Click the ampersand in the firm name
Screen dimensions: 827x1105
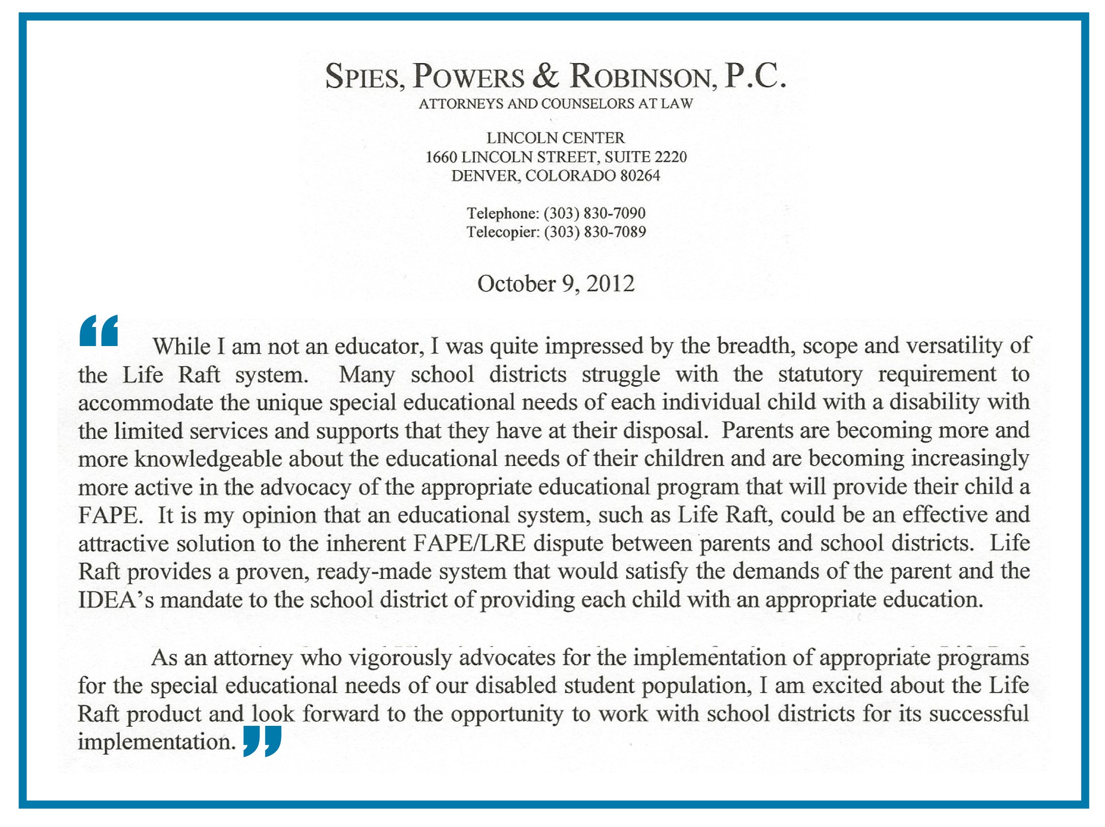pyautogui.click(x=546, y=76)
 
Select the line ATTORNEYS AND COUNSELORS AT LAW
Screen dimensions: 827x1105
pyautogui.click(x=555, y=104)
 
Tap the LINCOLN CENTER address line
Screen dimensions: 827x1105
pyautogui.click(x=555, y=137)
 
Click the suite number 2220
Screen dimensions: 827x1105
pyautogui.click(x=670, y=157)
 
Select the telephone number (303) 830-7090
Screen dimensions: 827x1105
pyautogui.click(x=595, y=213)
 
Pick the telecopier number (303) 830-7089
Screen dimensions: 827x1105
pyautogui.click(x=595, y=231)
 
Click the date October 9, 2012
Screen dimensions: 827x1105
pyautogui.click(x=555, y=283)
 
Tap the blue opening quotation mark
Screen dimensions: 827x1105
pyautogui.click(x=99, y=330)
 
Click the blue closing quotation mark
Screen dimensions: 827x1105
pyautogui.click(x=262, y=741)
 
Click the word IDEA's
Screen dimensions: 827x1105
pyautogui.click(x=116, y=600)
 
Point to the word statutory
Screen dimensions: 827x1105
pyautogui.click(x=820, y=374)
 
